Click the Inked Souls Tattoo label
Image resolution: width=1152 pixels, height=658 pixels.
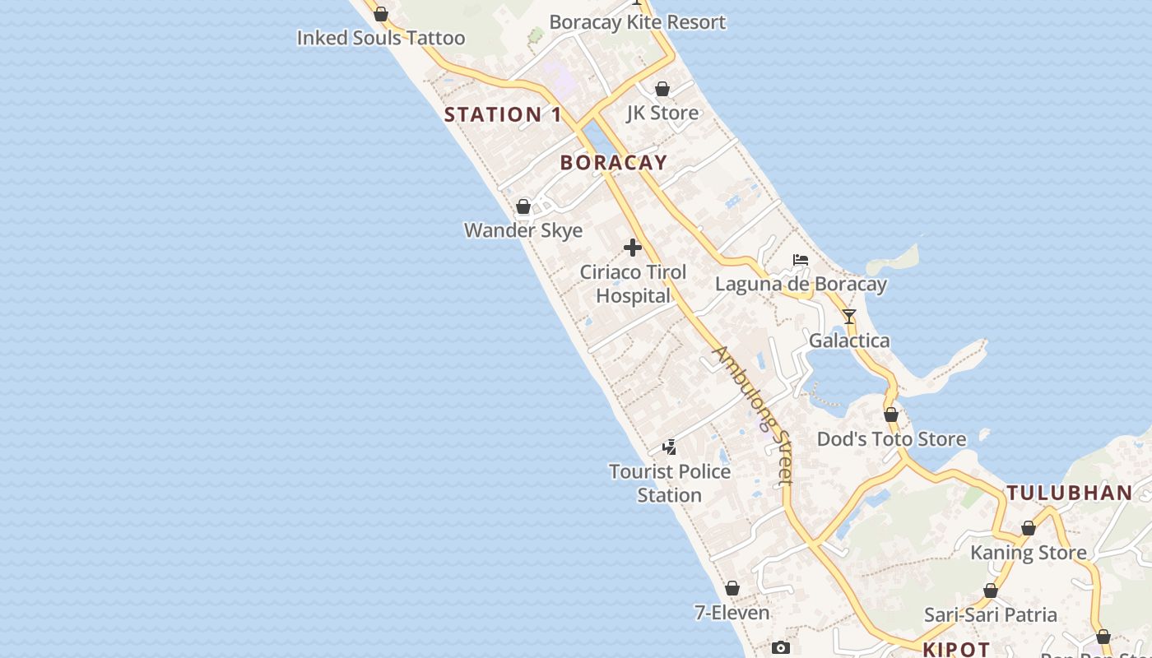tap(381, 38)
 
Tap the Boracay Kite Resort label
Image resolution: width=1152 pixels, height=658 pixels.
tap(638, 22)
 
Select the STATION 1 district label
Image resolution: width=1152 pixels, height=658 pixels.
tap(503, 115)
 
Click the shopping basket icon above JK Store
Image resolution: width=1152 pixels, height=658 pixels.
tap(662, 89)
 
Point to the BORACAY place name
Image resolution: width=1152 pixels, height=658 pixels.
tap(614, 163)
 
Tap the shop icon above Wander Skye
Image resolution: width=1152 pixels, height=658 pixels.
tap(523, 206)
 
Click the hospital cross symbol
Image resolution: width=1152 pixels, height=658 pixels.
tap(633, 248)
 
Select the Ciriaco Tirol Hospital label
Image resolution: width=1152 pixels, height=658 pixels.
tap(633, 284)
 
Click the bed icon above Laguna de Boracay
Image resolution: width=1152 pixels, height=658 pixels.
tap(801, 261)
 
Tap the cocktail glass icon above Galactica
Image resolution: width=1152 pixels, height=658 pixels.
tap(849, 317)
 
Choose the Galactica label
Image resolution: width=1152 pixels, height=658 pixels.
tap(849, 341)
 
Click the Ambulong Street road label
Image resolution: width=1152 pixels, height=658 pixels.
tap(753, 415)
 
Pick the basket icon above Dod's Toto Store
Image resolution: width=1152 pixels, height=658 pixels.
tap(891, 415)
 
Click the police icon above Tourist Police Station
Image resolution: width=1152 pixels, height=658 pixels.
tap(670, 447)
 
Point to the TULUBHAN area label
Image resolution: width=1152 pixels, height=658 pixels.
tap(1070, 493)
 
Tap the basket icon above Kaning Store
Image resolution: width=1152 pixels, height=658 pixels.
tap(1029, 528)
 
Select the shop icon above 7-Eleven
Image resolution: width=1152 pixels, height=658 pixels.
tap(732, 589)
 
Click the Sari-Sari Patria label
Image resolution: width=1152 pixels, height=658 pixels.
tap(991, 614)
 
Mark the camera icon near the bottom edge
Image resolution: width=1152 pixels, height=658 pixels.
tap(781, 648)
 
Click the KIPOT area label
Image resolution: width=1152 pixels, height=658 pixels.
tap(956, 650)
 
